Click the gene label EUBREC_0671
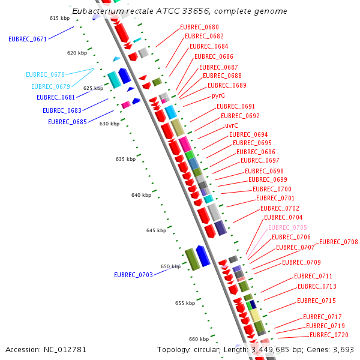tap(28, 39)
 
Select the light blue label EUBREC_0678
tap(45, 74)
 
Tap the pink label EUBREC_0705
tap(287, 227)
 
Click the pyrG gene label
tap(218, 95)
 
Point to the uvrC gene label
tap(232, 125)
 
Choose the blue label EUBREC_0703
tap(133, 275)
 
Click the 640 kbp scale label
tap(141, 195)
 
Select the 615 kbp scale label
tap(59, 19)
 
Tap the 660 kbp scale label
tap(199, 339)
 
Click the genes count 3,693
tap(342, 349)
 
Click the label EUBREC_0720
tap(329, 335)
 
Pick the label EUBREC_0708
tap(338, 242)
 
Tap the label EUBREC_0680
tap(199, 27)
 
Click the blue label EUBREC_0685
tap(67, 122)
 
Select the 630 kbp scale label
tap(109, 124)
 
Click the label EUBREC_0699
tap(268, 179)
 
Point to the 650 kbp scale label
tap(170, 266)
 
